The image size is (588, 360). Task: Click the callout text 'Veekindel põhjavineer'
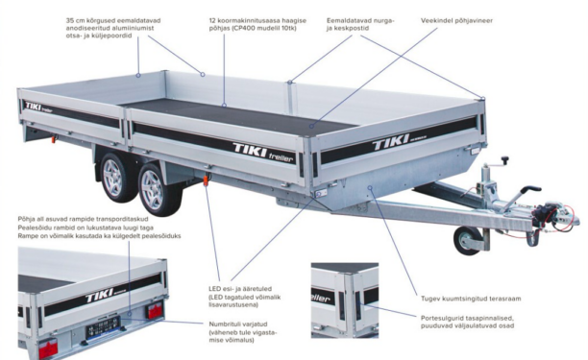pyautogui.click(x=456, y=20)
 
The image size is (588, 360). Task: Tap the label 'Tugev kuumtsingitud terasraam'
pyautogui.click(x=471, y=299)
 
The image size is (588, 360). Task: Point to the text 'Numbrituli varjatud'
pyautogui.click(x=238, y=324)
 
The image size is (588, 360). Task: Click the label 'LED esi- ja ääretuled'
pyautogui.click(x=240, y=289)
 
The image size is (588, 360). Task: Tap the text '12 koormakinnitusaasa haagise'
pyautogui.click(x=257, y=20)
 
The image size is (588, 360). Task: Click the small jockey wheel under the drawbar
pyautogui.click(x=467, y=241)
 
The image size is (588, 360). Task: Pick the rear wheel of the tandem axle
pyautogui.click(x=115, y=178)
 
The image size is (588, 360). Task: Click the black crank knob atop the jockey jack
pyautogui.click(x=505, y=159)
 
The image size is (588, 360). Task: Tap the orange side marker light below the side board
pyautogui.click(x=206, y=180)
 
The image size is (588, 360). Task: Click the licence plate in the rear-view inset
pyautogui.click(x=103, y=326)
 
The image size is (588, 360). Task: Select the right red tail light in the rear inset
pyautogui.click(x=154, y=312)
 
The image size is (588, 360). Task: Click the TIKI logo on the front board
pyautogui.click(x=391, y=142)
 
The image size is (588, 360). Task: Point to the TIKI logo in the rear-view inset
pyautogui.click(x=100, y=295)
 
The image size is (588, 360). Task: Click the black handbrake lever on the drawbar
pyautogui.click(x=528, y=191)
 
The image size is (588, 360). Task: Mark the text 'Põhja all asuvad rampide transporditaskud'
pyautogui.click(x=84, y=219)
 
